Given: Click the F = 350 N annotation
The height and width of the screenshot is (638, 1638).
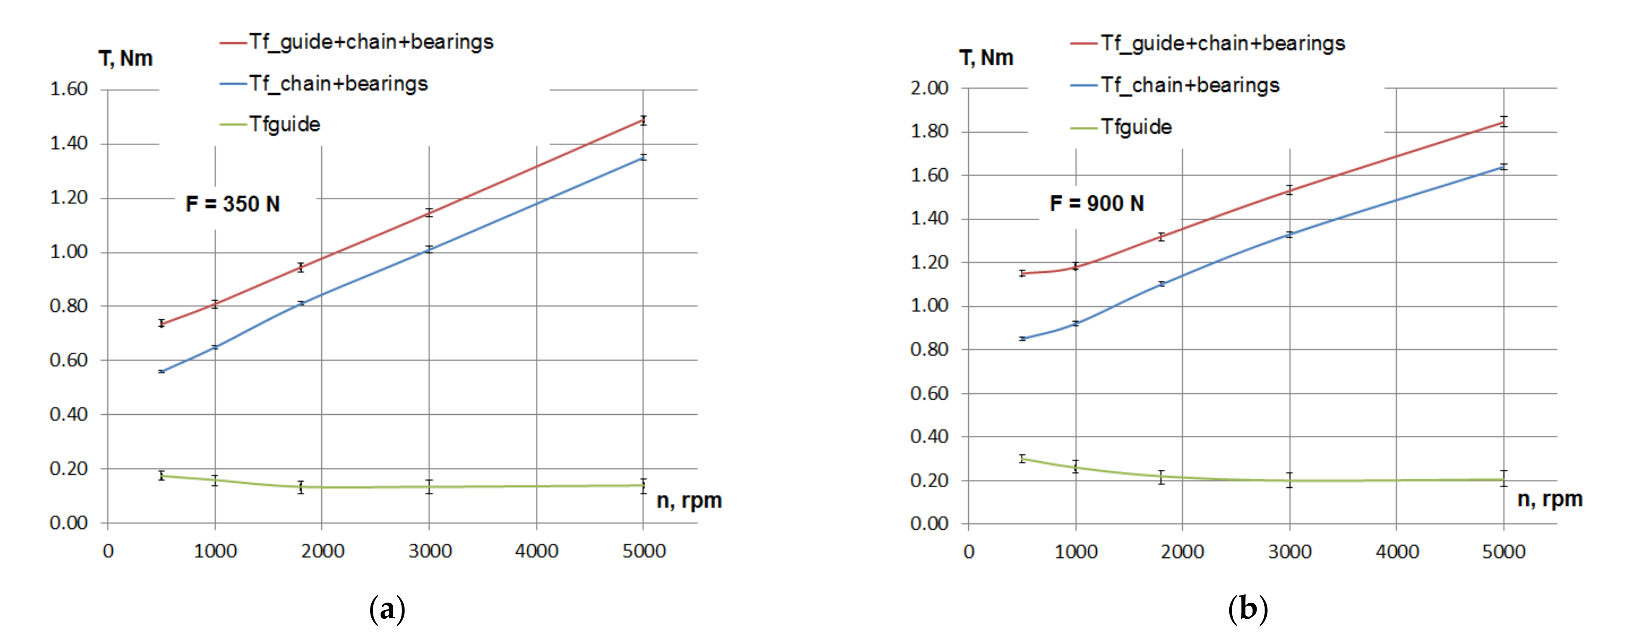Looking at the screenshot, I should point(233,204).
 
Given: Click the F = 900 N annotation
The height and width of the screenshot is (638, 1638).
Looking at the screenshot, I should point(1096,204).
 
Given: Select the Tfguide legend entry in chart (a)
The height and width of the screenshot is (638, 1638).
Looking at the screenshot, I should point(284,124).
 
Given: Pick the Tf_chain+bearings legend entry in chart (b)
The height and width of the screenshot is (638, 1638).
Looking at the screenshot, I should point(1189,85).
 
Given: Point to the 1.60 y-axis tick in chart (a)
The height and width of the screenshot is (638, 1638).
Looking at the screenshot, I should point(69,89).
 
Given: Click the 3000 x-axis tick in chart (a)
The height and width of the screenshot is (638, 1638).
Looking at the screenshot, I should point(430,551).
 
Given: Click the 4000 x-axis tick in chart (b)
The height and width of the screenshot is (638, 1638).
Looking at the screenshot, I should point(1397,551).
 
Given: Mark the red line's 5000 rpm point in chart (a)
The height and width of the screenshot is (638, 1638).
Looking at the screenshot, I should point(644,120).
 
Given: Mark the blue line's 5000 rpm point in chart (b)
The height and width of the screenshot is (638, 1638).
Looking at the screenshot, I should point(1503,167).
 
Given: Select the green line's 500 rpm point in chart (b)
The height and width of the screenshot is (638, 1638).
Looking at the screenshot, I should point(1022,458).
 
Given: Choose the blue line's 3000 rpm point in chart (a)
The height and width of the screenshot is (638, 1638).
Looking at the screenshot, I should point(429,249).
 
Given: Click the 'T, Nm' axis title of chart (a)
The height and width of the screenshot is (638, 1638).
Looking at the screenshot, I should point(126,58).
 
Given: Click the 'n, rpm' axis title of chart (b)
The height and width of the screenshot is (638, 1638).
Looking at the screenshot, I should point(1549,499).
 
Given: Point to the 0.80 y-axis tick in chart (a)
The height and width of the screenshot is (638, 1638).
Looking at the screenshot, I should point(69,306).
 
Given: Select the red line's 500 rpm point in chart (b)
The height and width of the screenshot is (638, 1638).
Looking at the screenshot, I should point(1022,274).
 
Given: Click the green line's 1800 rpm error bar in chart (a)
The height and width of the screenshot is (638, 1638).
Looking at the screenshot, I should point(301,487).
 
